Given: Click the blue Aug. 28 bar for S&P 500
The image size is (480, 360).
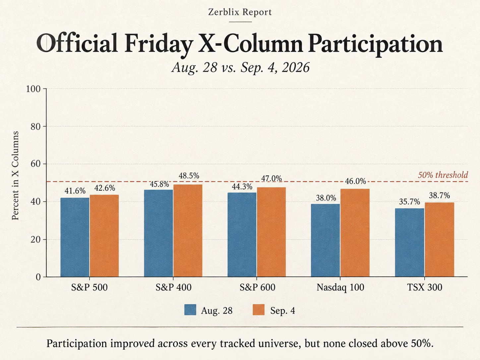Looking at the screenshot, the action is (x=75, y=237).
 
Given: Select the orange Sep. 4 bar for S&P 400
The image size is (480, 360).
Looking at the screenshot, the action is (x=188, y=231).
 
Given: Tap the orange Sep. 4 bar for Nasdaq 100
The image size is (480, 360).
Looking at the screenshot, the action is (x=355, y=233).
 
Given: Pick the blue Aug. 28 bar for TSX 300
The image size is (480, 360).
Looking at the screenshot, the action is (x=409, y=243).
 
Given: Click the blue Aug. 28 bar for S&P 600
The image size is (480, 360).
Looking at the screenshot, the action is (x=242, y=235).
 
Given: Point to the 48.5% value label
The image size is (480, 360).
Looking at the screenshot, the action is (x=189, y=176).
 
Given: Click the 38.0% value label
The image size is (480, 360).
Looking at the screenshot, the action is (x=326, y=198).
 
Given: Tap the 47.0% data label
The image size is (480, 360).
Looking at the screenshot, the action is (x=271, y=179).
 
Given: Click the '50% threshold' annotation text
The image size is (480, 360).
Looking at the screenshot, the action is (x=443, y=175).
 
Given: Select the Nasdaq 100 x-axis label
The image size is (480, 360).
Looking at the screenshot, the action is (x=340, y=287).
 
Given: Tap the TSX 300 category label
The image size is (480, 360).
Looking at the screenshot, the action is (x=425, y=287).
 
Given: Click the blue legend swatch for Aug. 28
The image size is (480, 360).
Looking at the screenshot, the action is (x=190, y=310).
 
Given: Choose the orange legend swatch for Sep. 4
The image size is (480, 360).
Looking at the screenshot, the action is (x=259, y=310).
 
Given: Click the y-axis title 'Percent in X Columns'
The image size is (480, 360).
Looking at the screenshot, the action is (x=15, y=175).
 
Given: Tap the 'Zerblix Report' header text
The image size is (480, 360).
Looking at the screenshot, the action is (x=240, y=12).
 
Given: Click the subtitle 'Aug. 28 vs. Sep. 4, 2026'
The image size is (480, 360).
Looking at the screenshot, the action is (x=241, y=67).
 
